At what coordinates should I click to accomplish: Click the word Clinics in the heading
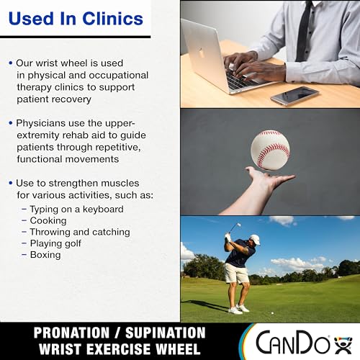(113, 19)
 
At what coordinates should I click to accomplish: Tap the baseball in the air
(270, 150)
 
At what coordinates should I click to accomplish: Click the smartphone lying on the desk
(294, 96)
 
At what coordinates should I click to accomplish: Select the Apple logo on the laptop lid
(200, 52)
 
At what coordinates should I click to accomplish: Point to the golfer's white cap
(255, 240)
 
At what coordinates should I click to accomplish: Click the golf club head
(238, 225)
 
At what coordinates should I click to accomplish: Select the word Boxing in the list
(45, 255)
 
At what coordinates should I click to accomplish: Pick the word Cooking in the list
(48, 221)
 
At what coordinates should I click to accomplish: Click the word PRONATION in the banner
(71, 333)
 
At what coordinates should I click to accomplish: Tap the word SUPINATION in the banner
(166, 333)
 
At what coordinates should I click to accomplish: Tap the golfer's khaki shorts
(236, 273)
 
